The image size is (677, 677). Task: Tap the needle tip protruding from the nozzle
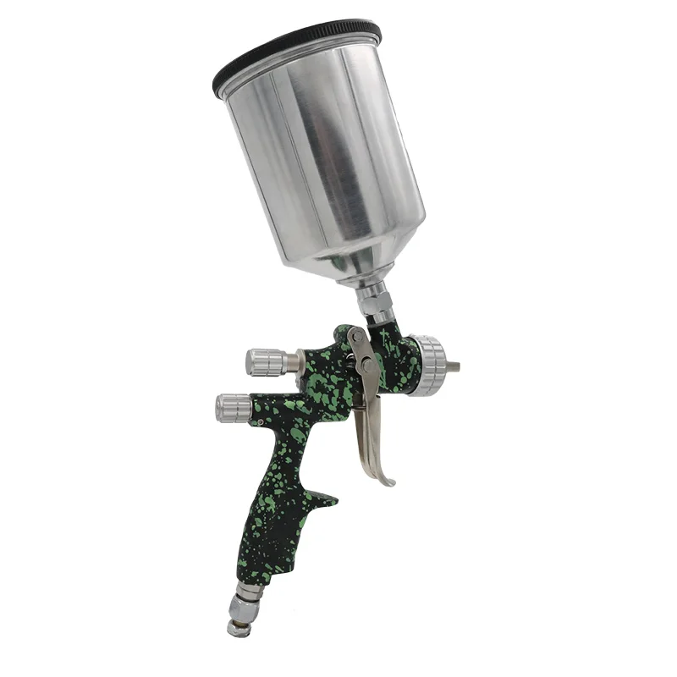click(x=455, y=366)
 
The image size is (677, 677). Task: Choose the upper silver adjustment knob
click(x=262, y=361)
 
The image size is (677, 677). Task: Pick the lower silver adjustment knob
click(x=233, y=408)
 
